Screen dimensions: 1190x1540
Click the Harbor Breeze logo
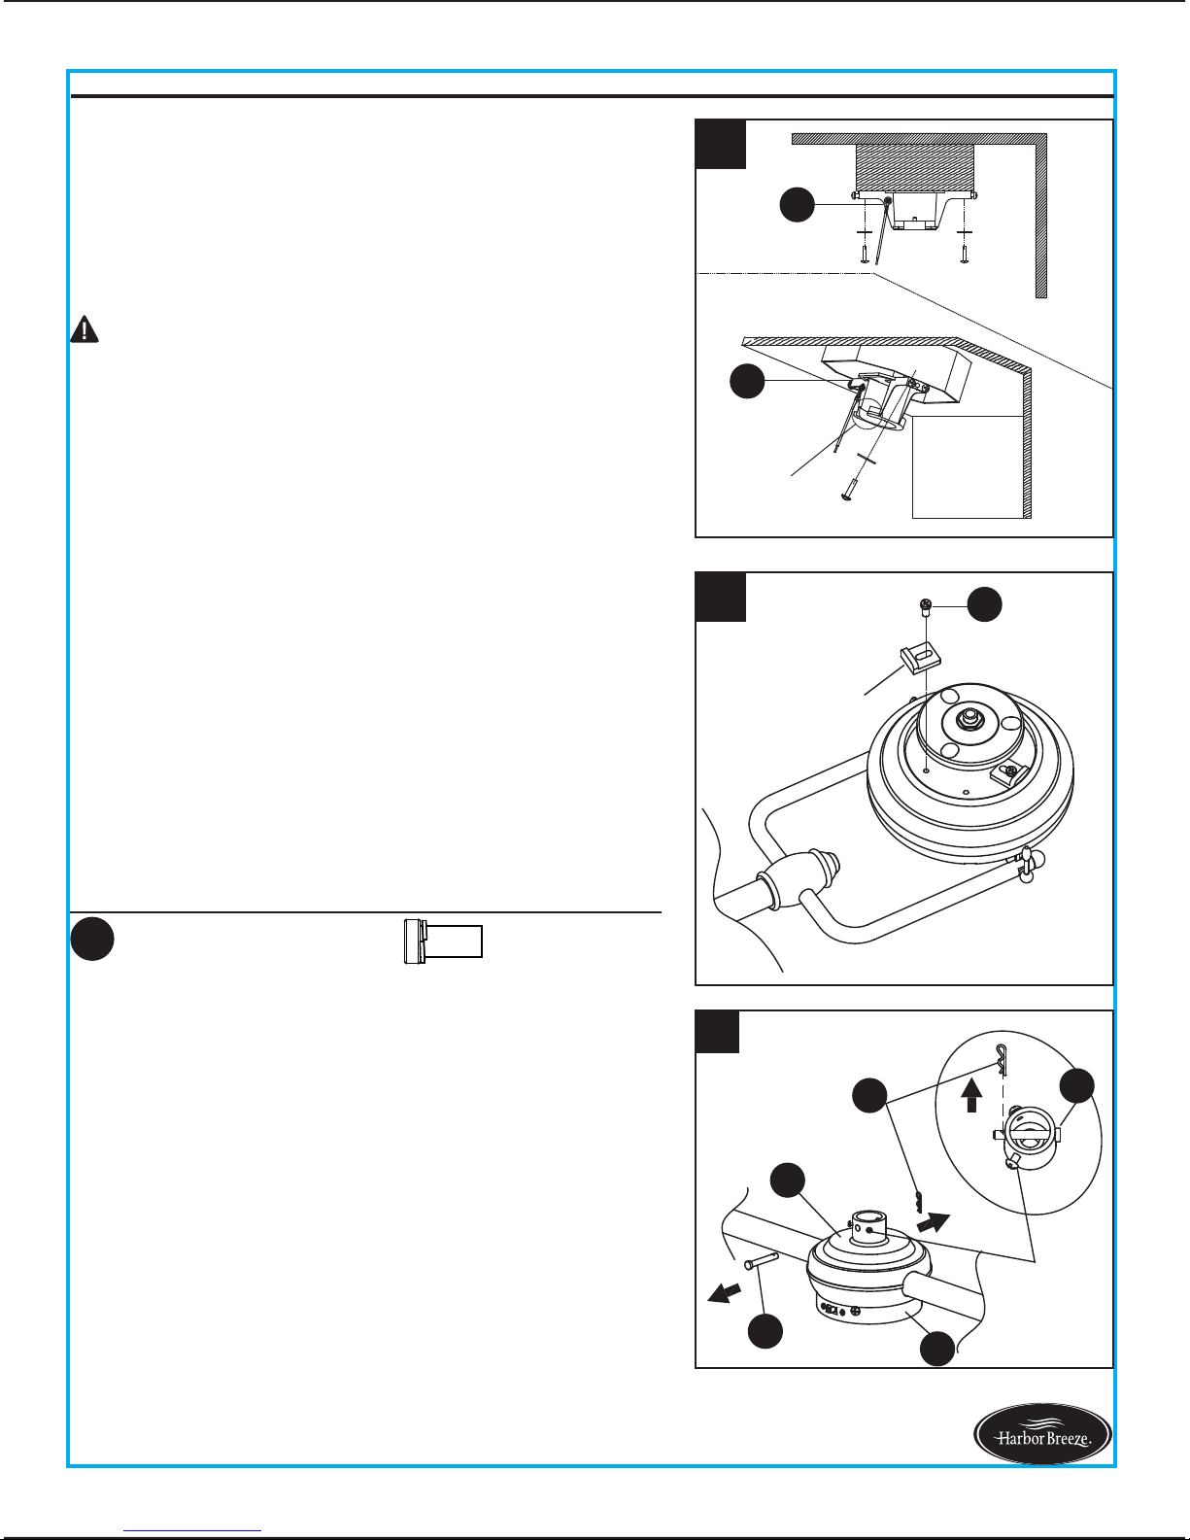pos(1042,1433)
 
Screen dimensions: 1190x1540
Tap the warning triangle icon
pos(85,329)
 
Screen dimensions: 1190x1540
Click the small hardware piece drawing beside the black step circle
pos(443,941)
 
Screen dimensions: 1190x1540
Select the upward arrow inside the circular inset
pos(971,1095)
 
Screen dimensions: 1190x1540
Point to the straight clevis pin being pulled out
pos(761,1260)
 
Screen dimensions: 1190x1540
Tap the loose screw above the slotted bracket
pos(926,608)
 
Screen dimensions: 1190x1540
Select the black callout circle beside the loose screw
pos(985,604)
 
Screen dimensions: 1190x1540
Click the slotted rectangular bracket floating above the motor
pos(921,659)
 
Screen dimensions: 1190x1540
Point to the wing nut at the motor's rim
pos(1026,865)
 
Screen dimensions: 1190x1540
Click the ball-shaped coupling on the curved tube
pos(799,877)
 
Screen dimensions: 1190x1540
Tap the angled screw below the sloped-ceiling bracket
pos(849,490)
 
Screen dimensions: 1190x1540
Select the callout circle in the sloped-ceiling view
pos(747,381)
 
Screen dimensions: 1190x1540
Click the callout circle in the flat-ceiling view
pos(797,205)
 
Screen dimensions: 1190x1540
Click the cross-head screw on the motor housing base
pos(857,1312)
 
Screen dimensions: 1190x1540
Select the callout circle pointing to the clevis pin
pos(765,1330)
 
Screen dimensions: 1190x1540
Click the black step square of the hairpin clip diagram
pos(718,1031)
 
